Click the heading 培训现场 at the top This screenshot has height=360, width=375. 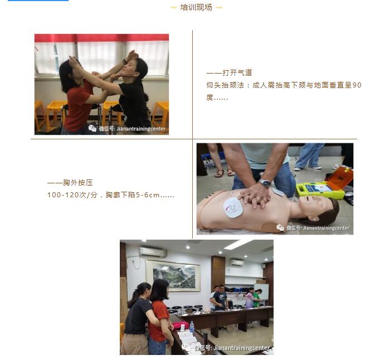196,7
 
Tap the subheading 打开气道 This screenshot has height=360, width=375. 237,72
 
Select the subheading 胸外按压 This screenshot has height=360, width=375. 77,183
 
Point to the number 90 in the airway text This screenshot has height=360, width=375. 357,85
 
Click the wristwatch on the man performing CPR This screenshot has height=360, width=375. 265,183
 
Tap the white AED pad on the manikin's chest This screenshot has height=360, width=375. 233,207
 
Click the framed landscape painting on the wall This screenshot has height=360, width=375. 173,275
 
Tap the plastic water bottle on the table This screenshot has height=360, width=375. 192,327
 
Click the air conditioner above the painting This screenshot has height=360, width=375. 153,252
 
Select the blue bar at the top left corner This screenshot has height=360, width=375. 38,1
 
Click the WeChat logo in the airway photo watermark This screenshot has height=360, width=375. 92,128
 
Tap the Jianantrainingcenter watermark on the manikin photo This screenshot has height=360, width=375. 326,228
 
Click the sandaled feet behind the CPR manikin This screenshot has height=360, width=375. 225,173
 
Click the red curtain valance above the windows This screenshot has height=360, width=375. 101,38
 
